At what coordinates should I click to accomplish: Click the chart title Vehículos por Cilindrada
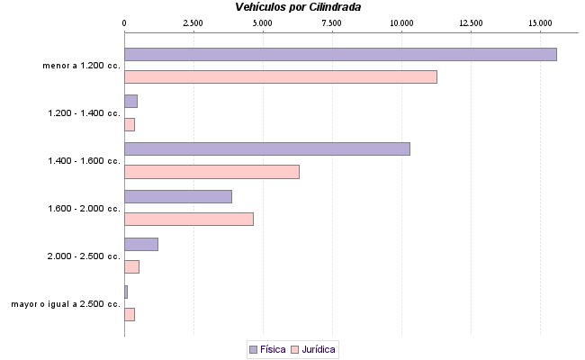(306, 7)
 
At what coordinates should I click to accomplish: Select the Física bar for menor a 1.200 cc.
(340, 54)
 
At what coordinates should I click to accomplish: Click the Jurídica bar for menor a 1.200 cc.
(280, 76)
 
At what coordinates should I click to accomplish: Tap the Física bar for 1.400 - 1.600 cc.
(266, 148)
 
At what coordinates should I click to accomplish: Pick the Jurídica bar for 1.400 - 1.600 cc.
(211, 172)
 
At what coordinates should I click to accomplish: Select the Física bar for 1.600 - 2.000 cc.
(178, 196)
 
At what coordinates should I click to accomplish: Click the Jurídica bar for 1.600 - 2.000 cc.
(189, 219)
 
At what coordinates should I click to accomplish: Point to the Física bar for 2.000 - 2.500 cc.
(141, 244)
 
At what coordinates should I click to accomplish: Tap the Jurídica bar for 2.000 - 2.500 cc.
(131, 266)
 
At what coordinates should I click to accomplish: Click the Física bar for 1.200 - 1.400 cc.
(130, 101)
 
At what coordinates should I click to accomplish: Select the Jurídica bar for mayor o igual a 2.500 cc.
(130, 314)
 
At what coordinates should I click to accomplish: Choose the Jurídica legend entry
(314, 349)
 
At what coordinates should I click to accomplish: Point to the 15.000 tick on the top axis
(540, 22)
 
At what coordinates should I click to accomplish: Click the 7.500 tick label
(332, 22)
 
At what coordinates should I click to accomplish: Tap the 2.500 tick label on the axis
(193, 22)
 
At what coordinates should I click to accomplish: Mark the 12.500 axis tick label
(471, 22)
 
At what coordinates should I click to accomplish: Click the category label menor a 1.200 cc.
(81, 66)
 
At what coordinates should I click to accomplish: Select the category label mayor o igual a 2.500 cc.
(66, 304)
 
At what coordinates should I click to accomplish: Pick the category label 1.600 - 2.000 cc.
(84, 209)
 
